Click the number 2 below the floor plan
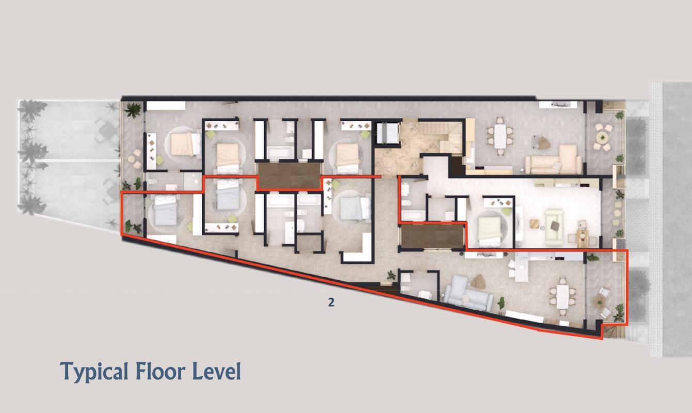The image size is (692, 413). click(331, 303)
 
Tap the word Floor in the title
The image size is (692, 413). click(164, 371)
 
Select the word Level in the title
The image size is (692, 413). click(216, 371)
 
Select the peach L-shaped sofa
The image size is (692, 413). click(554, 160)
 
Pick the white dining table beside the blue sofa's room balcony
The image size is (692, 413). click(563, 297)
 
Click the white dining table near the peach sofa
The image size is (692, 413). click(500, 136)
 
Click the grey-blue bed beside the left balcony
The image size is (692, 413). click(166, 210)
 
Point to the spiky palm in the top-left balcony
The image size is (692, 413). click(133, 110)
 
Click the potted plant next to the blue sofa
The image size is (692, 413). click(501, 303)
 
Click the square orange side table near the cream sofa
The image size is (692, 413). click(535, 224)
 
